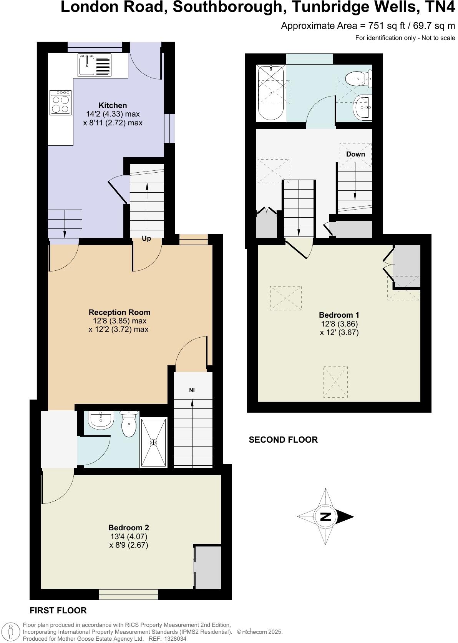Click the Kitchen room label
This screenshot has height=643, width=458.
(x=113, y=105)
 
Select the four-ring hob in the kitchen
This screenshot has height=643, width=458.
(x=61, y=102)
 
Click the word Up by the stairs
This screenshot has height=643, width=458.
(x=146, y=238)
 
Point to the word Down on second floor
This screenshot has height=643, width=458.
(x=355, y=154)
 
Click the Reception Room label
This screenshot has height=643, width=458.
(x=119, y=312)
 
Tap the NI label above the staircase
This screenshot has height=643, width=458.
(x=192, y=390)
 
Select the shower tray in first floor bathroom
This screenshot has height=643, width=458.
(x=154, y=443)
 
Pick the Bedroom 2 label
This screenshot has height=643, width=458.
(x=128, y=528)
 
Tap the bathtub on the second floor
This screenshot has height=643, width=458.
(x=271, y=93)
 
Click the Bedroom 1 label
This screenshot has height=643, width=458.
(x=339, y=315)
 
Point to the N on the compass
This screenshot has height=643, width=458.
(x=325, y=516)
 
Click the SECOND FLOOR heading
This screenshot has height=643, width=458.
(x=283, y=440)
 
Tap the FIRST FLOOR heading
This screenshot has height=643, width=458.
(x=58, y=610)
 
